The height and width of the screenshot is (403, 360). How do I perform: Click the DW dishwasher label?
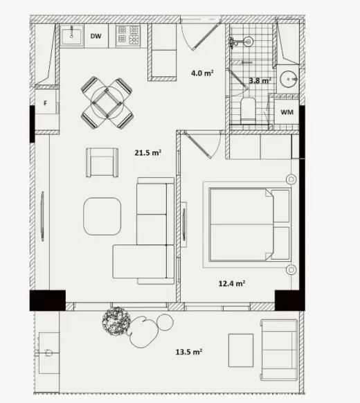96,36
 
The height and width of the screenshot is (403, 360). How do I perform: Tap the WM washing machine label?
287,112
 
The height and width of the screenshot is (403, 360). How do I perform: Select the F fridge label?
46,103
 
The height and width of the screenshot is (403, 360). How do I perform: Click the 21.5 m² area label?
147,153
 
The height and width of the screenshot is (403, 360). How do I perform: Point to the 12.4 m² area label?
231,283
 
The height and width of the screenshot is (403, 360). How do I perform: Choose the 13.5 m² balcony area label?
189,352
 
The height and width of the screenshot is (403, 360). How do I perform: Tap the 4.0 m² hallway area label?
202,73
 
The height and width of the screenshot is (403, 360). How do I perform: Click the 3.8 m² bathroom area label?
260,81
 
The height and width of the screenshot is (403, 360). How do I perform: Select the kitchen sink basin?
72,36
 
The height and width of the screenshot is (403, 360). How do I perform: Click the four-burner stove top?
128,36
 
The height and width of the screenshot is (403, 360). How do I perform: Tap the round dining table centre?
107,102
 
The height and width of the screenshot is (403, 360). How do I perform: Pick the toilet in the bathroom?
248,111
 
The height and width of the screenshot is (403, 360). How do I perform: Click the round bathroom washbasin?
289,79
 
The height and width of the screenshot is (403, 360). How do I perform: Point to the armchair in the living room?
102,163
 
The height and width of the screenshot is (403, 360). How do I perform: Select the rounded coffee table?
102,216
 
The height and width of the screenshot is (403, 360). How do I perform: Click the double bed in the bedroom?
249,225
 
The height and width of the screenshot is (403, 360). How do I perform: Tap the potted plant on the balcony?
116,321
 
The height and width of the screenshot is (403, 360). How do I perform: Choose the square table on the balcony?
241,350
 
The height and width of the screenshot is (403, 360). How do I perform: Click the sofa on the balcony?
279,350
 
